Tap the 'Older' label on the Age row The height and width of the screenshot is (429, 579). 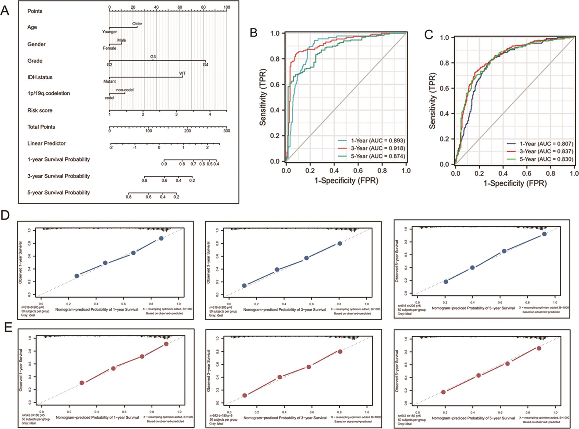click(137, 24)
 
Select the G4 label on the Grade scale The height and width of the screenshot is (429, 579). click(205, 64)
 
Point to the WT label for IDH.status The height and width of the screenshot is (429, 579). click(182, 73)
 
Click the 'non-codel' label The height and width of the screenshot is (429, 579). click(125, 90)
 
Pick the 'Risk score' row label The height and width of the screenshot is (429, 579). click(40, 110)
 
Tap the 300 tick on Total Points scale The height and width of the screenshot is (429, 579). click(227, 131)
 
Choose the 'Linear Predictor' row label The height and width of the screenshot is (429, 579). click(46, 143)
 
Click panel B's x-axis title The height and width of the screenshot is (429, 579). click(346, 180)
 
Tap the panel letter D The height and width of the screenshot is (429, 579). click(5, 215)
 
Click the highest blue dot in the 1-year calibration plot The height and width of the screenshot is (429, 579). click(161, 238)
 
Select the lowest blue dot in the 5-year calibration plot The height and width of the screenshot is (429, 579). click(446, 281)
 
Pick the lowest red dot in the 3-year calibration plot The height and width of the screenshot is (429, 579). click(244, 395)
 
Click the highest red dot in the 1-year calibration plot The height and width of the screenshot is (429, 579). click(166, 344)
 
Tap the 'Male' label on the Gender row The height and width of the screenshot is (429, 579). click(122, 40)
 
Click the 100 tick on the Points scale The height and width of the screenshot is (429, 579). click(227, 7)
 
